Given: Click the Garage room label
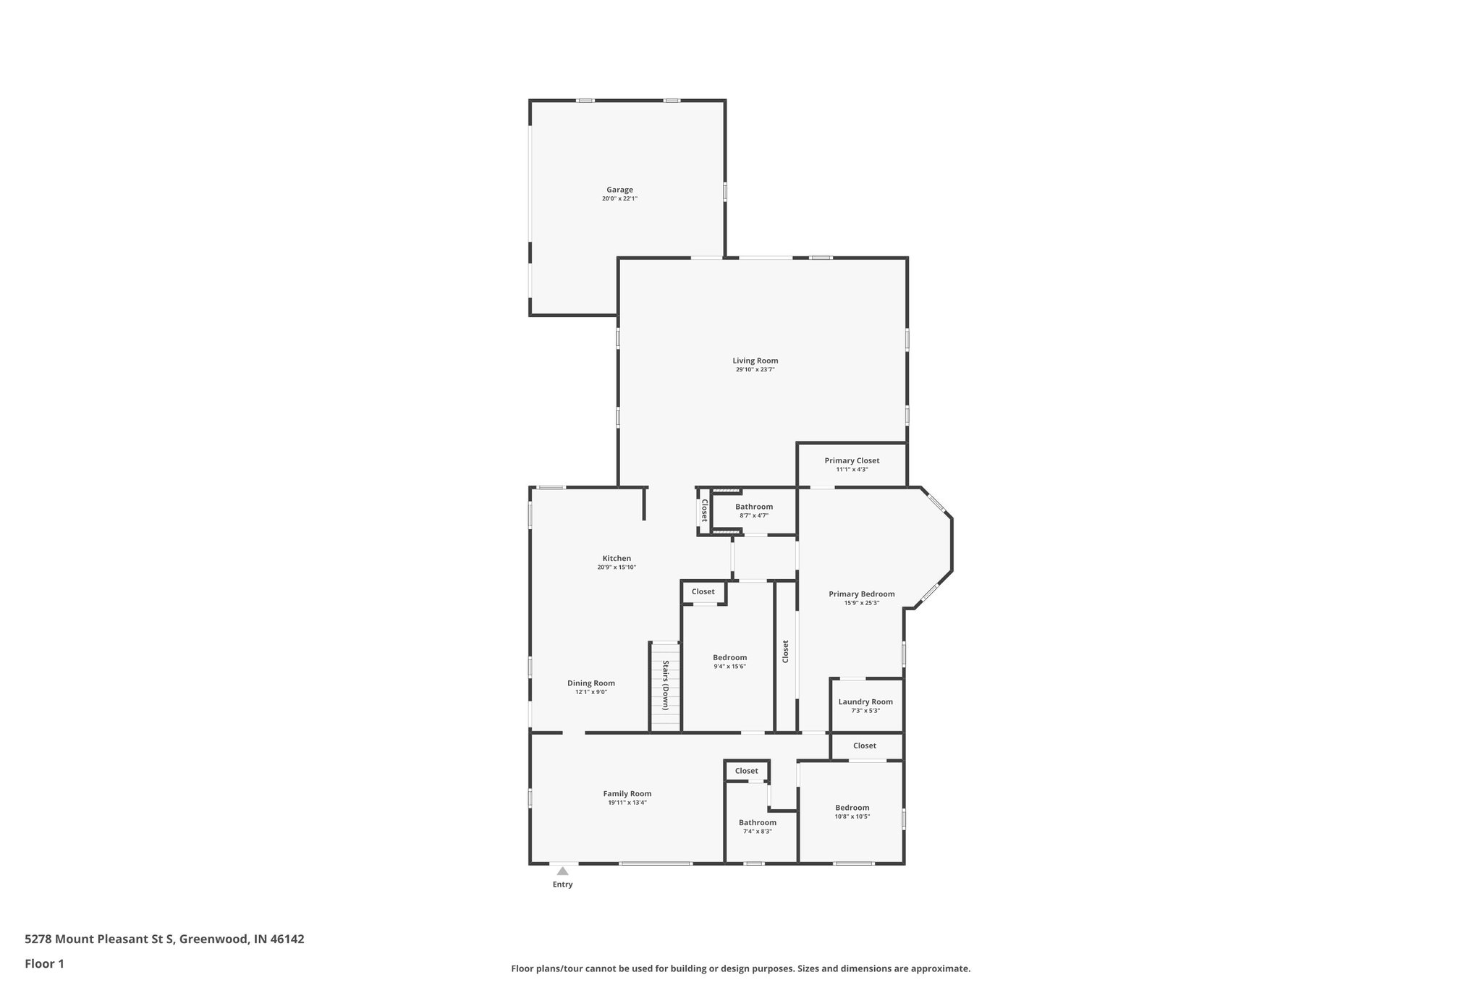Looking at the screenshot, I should click(x=619, y=190).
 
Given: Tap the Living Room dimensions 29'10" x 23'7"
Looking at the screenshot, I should click(x=755, y=370).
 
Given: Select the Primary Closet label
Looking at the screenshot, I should click(x=852, y=460).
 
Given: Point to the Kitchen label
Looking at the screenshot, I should click(x=617, y=558).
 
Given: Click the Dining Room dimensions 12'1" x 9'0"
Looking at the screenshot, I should click(x=590, y=692).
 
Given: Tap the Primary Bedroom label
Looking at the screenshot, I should click(x=861, y=594).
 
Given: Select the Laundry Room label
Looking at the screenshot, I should click(x=865, y=701).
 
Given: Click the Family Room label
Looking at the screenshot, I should click(x=627, y=793).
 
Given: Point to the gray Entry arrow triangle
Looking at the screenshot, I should click(x=562, y=871).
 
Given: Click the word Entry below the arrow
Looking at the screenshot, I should click(x=562, y=884).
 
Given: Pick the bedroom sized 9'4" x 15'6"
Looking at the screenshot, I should click(x=729, y=667).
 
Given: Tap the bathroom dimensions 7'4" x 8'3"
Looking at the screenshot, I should click(x=757, y=832).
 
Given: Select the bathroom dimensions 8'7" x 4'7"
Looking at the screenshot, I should click(x=753, y=515).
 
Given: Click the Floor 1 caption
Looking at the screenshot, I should click(x=44, y=963).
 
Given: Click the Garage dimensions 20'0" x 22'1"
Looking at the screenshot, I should click(x=619, y=199).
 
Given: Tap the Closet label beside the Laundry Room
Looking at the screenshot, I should click(x=864, y=746).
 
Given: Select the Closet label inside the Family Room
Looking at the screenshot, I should click(x=746, y=771).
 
